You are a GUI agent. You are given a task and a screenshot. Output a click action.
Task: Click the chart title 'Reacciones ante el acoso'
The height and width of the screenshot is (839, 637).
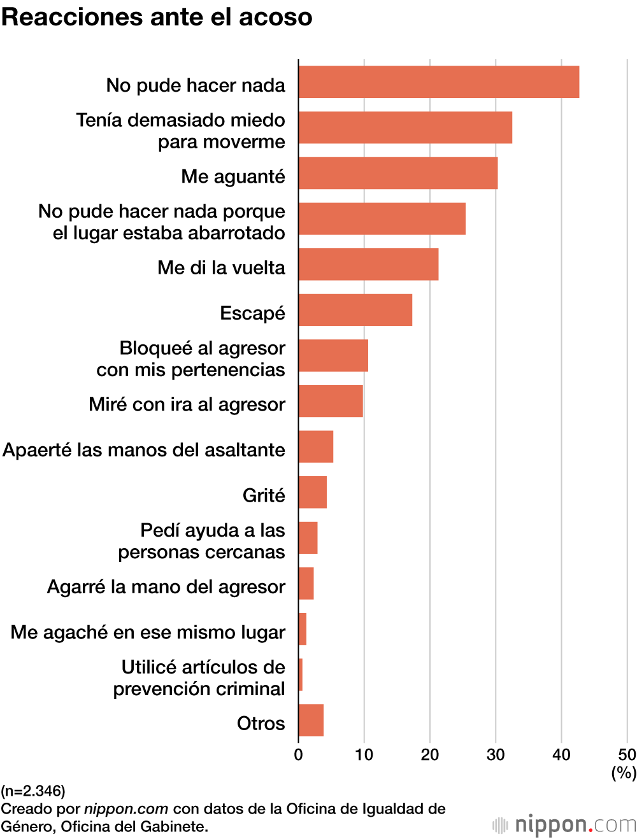157,17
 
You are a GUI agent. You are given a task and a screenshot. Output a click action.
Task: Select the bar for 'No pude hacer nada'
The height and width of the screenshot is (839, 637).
438,82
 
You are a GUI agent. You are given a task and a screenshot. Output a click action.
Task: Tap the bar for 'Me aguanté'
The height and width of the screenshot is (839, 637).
397,173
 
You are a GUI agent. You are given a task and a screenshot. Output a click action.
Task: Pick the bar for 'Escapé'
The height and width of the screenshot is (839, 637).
355,310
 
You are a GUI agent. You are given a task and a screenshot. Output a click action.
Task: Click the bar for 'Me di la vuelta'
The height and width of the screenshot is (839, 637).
368,264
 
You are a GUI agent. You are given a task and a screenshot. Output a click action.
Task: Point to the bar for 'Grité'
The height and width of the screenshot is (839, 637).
312,492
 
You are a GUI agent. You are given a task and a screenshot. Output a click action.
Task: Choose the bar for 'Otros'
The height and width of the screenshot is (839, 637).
311,720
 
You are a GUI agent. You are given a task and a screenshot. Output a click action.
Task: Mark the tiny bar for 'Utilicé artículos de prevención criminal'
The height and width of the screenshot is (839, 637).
301,675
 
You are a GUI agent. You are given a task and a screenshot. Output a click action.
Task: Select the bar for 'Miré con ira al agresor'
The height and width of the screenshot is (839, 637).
331,401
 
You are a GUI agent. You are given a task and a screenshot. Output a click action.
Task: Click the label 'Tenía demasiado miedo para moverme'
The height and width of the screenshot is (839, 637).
181,130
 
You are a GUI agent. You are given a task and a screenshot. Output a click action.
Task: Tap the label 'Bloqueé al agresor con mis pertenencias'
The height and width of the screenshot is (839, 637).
191,358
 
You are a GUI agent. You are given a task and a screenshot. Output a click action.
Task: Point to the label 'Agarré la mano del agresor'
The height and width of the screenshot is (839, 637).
166,586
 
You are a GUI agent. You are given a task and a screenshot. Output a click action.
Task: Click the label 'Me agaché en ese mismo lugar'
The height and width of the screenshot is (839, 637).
148,632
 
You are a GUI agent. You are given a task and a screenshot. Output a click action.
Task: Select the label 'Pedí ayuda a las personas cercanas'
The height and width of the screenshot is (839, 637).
202,541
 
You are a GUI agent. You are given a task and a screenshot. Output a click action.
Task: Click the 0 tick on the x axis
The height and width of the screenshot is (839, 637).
298,755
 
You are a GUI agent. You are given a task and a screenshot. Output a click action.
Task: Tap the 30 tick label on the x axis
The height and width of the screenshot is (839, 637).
495,755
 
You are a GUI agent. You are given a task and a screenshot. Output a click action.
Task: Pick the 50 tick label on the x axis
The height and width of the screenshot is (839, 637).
627,755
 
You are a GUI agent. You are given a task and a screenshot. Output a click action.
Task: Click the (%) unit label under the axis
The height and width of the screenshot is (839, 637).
624,773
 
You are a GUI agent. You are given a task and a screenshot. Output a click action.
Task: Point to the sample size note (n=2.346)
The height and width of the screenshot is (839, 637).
33,791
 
